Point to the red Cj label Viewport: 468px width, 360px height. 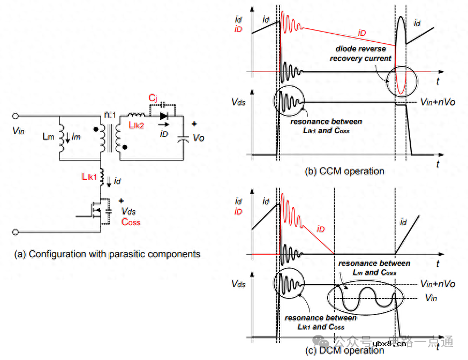click(x=153, y=99)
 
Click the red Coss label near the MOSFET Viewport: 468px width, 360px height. click(x=131, y=222)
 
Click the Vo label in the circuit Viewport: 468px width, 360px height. click(x=199, y=138)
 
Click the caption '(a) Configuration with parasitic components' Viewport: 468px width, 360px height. click(x=107, y=255)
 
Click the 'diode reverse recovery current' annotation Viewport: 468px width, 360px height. click(x=363, y=53)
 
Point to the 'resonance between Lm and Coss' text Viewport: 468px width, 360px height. click(x=374, y=267)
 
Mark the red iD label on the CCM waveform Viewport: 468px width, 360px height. click(x=362, y=33)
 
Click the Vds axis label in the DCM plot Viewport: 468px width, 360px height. click(x=238, y=284)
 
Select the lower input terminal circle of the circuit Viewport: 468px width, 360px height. click(x=16, y=232)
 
